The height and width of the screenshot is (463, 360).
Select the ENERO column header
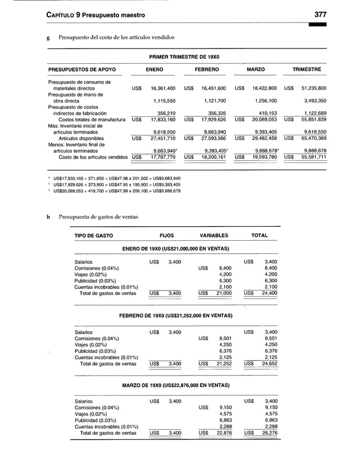coord(155,69)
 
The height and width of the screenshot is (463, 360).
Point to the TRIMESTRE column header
coord(306,69)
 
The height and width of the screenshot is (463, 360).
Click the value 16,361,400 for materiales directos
coord(163,89)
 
